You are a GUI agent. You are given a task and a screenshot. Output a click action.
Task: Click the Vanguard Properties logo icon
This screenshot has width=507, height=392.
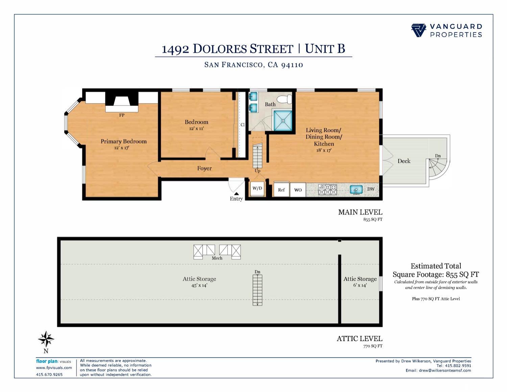[418, 30]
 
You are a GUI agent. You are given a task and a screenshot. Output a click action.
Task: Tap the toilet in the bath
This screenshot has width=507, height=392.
[284, 99]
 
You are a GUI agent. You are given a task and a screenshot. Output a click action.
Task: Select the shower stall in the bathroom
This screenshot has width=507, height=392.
[283, 120]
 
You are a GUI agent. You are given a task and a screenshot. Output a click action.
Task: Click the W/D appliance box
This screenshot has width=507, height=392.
[257, 188]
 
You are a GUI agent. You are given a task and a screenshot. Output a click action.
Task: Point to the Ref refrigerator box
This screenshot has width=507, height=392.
[281, 190]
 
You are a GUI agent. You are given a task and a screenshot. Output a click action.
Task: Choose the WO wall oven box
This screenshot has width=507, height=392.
[298, 190]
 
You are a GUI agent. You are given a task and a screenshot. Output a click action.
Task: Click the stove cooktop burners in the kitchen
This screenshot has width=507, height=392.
[328, 190]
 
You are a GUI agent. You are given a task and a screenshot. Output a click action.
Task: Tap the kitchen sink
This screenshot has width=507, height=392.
[356, 189]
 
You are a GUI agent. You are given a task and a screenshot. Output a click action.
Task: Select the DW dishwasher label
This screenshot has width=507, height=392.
[371, 189]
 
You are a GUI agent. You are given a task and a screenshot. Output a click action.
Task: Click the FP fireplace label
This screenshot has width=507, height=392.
[122, 115]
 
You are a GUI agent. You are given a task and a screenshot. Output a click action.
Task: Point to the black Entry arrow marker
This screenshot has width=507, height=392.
[236, 193]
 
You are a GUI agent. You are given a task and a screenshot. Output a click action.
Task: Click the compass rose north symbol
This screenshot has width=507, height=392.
[46, 339]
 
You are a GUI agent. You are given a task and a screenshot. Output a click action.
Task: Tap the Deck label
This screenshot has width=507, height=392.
[404, 161]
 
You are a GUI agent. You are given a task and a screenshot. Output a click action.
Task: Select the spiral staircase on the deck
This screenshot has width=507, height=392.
[438, 168]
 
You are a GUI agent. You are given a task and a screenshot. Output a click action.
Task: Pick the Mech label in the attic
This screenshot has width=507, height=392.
[217, 258]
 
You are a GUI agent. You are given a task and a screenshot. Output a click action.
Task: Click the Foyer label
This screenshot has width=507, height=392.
[204, 168]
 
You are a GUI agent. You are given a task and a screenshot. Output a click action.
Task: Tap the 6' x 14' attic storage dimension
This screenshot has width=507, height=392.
[360, 285]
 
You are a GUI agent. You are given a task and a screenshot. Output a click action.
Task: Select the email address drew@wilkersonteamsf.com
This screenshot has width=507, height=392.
[445, 370]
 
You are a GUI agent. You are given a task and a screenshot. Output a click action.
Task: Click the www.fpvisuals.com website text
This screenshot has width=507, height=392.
[54, 368]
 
